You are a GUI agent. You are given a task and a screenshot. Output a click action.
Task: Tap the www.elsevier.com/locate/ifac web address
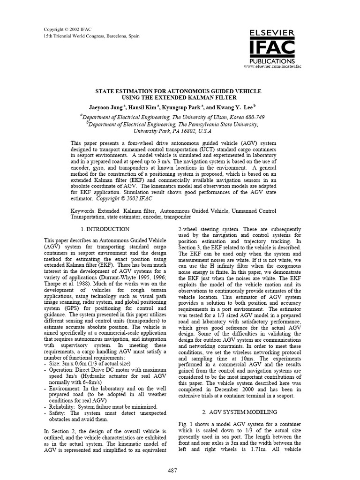click(x=272, y=67)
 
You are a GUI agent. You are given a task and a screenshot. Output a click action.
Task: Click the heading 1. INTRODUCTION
click(x=105, y=229)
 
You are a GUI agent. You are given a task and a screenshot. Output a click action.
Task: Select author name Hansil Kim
click(x=143, y=106)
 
